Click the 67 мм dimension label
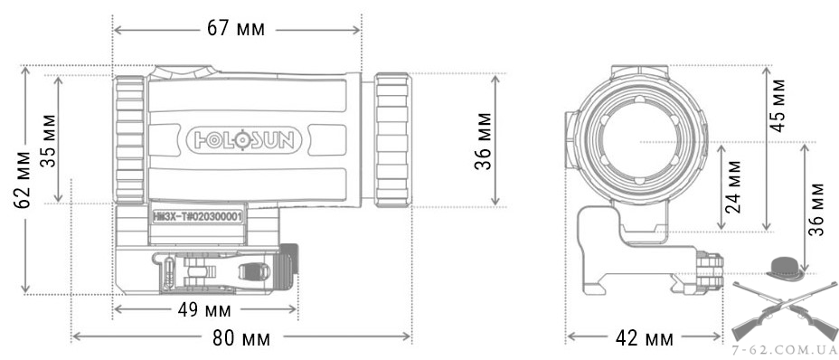236,28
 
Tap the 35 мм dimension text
49,140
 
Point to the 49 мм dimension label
203,309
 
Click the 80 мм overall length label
241,337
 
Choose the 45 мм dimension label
778,106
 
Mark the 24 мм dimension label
733,187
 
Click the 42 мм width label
644,338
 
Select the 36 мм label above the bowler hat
815,210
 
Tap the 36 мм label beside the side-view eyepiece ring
483,140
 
